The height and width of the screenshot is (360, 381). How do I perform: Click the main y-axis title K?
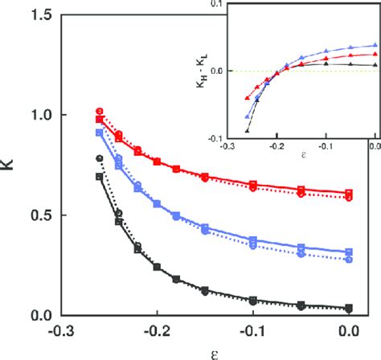tap(10, 169)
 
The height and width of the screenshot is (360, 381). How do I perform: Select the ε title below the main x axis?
tap(206, 350)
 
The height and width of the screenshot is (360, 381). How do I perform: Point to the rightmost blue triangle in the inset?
tap(375, 46)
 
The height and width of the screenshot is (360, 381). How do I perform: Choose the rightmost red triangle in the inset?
tap(375, 54)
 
